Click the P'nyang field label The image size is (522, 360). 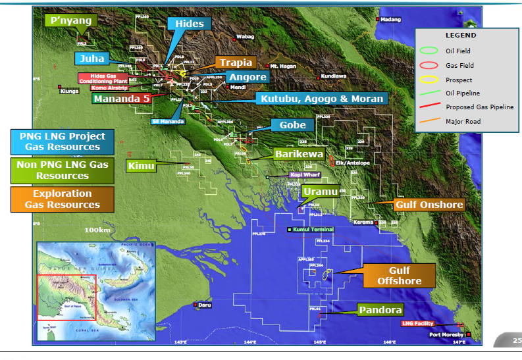(70, 21)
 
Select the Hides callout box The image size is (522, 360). (190, 24)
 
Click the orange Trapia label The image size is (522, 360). (236, 63)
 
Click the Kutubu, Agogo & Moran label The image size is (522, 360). (321, 99)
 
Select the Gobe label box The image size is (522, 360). (292, 125)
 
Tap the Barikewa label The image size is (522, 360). (299, 153)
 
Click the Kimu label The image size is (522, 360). (142, 165)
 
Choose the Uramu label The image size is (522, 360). (321, 192)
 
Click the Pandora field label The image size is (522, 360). (380, 309)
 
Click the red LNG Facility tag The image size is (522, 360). (417, 324)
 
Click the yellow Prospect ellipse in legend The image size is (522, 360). (429, 80)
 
